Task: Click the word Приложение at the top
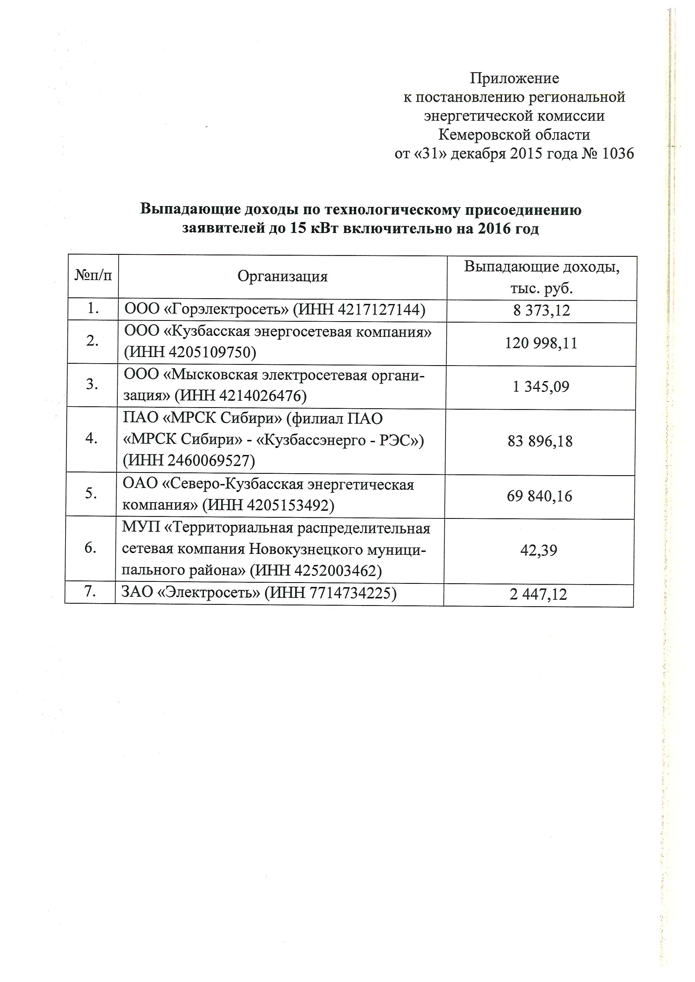tap(515, 78)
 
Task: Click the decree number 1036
tap(618, 153)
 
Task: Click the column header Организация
tap(282, 277)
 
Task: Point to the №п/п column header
tap(93, 276)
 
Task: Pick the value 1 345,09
tap(541, 387)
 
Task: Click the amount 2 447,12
tap(538, 594)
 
